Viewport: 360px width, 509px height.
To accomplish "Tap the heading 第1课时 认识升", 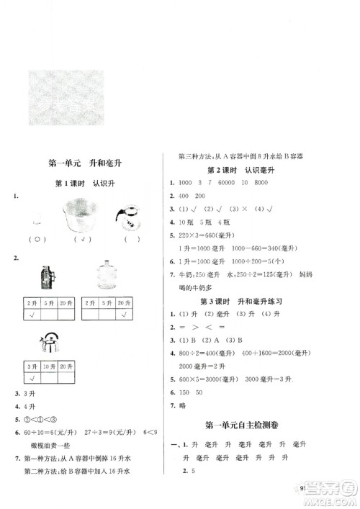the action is [84, 184].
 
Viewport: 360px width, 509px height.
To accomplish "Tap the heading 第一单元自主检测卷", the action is [244, 425].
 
